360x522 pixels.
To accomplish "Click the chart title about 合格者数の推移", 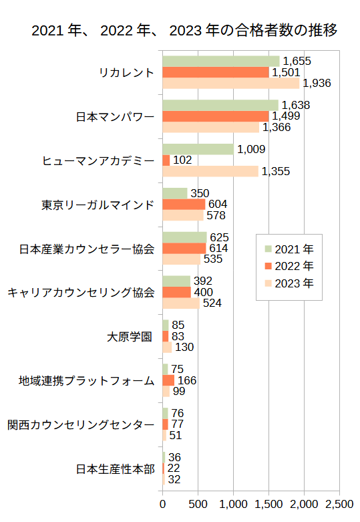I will tap(184, 31).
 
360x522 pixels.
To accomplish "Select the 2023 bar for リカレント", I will tap(231, 84).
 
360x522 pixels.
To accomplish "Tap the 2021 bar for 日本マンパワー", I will tap(220, 105).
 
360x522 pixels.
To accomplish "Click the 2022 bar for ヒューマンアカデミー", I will tap(166, 160).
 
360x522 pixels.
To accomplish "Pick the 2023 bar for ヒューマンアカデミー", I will tap(210, 172).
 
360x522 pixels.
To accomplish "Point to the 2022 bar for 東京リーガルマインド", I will tap(184, 204).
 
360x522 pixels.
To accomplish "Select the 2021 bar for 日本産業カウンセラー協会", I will tap(184, 237).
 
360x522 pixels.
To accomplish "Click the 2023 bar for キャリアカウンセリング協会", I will tap(181, 303).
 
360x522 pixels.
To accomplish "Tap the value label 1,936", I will tap(317, 84).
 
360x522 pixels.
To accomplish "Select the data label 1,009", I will tap(251, 149).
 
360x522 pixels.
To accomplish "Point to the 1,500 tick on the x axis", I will tap(269, 503).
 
